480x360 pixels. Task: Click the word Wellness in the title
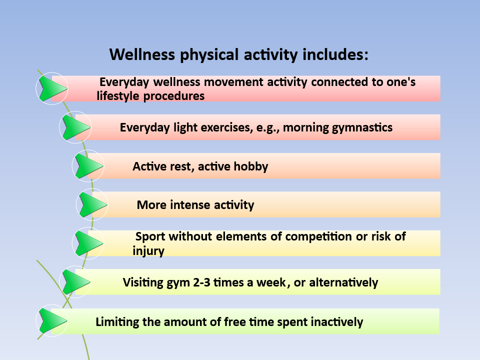(x=142, y=54)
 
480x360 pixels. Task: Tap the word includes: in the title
(x=335, y=54)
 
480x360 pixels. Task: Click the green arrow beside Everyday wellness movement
(x=52, y=89)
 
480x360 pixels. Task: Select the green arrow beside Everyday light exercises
(x=76, y=127)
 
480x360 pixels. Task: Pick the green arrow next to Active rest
(x=89, y=166)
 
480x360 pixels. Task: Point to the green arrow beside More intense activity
(x=93, y=204)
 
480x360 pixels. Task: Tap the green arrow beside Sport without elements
(x=89, y=243)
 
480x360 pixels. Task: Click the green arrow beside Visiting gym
(x=76, y=282)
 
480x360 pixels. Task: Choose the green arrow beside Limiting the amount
(x=52, y=321)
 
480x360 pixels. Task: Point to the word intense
(x=190, y=205)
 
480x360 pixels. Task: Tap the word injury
(x=148, y=251)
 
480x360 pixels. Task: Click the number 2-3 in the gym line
(x=201, y=282)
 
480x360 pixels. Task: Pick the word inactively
(x=336, y=322)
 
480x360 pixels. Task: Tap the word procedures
(x=174, y=96)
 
